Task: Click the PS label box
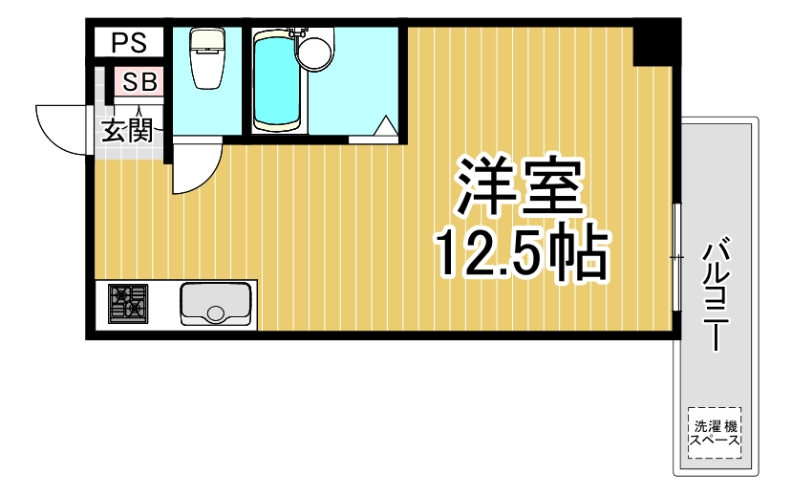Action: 128,41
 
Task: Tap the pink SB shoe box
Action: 139,82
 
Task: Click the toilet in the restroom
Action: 205,57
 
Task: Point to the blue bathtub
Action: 277,81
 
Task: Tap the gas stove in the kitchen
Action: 128,304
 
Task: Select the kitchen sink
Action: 216,304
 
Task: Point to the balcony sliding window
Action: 675,257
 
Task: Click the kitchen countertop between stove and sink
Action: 164,304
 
